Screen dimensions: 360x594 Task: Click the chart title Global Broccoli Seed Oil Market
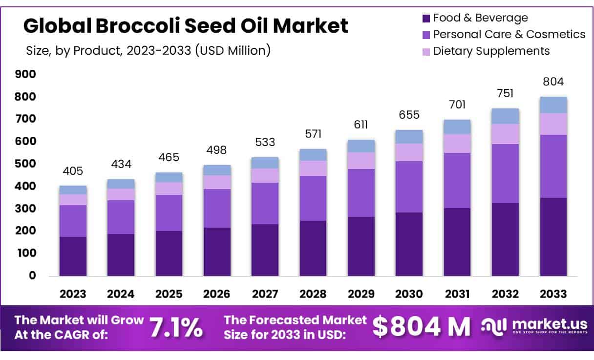tap(186, 25)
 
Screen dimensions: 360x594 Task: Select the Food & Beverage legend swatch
tap(425, 19)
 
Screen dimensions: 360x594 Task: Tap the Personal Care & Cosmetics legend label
tap(509, 34)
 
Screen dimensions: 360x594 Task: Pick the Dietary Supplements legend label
tap(491, 51)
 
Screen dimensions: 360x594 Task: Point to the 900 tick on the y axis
tap(26, 74)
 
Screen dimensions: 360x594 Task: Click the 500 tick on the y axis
tap(26, 164)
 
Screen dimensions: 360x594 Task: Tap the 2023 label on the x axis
tap(73, 294)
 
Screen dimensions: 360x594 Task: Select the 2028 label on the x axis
tap(313, 294)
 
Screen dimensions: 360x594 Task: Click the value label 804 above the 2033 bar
tap(553, 82)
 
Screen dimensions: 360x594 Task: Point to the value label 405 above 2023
tap(73, 171)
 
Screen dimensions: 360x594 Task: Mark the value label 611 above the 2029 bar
tap(361, 125)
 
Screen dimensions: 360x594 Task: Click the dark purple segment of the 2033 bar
tap(553, 237)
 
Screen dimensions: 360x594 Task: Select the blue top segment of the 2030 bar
tap(409, 137)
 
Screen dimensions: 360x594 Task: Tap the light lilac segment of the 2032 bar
tap(506, 134)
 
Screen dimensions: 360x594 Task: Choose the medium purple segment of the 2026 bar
tap(217, 208)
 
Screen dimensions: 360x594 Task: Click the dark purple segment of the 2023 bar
tap(73, 256)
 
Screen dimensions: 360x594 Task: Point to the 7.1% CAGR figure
tap(176, 327)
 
